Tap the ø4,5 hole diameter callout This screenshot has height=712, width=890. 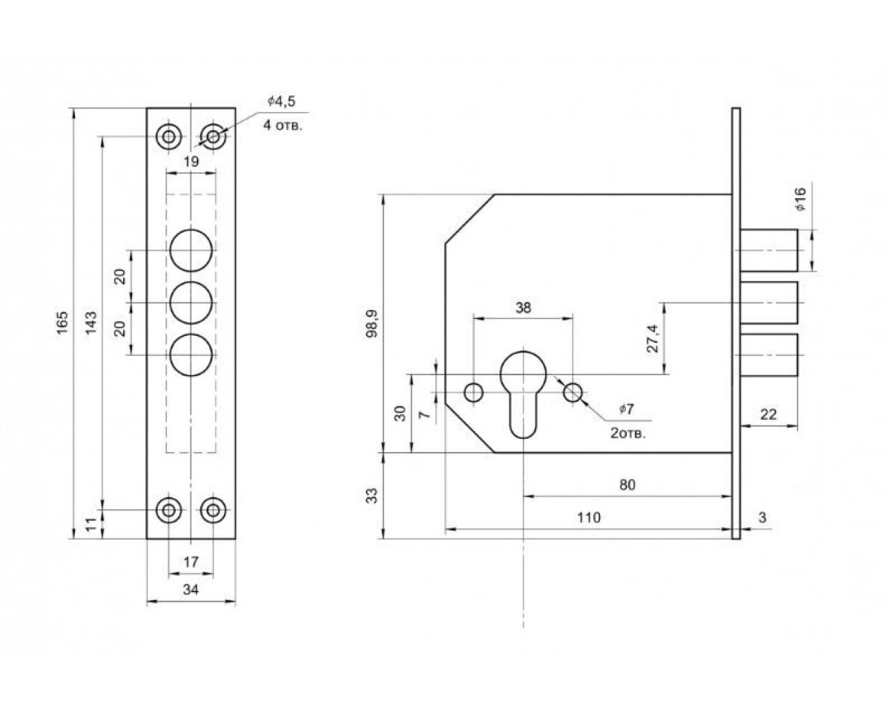coord(282,102)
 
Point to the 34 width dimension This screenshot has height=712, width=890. coord(191,590)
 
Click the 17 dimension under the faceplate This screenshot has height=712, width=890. coord(191,561)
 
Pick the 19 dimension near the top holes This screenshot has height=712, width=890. coord(191,161)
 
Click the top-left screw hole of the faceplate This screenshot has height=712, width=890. coord(168,136)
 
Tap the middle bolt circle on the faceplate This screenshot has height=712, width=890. coord(191,302)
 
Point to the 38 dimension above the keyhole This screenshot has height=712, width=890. coord(523,307)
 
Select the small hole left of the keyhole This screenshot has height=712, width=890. coord(474,392)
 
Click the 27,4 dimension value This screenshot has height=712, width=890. coord(653,339)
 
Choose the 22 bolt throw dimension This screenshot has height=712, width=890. coord(768,414)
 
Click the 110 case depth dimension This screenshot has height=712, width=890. coord(588,518)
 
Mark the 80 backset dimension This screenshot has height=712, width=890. coord(627,485)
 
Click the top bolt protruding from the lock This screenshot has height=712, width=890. coord(769,250)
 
